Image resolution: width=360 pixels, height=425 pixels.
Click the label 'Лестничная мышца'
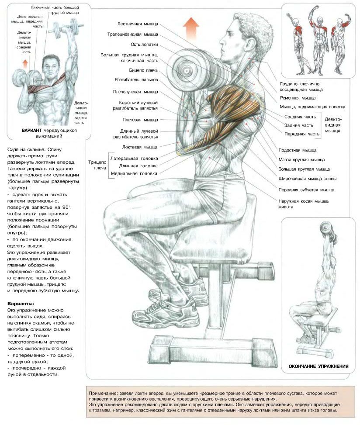138,24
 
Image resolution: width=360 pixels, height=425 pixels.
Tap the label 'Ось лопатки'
144,45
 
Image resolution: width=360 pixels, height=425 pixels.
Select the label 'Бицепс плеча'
143,70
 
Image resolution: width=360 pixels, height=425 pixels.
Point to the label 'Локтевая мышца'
140,147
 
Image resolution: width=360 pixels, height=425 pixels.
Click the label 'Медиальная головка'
134,173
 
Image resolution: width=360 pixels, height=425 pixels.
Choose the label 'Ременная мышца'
298,98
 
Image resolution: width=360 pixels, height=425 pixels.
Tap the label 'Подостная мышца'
298,150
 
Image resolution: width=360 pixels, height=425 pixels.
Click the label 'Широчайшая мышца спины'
308,179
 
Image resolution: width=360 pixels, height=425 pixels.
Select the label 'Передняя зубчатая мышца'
306,190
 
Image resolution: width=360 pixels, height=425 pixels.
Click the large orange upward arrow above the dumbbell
191,26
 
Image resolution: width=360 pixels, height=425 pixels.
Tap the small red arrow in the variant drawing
25,64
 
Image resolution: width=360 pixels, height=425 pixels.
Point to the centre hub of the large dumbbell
187,71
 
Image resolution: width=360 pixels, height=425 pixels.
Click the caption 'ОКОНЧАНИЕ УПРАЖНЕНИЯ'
318,366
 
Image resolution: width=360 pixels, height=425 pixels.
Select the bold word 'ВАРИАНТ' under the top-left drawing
32,130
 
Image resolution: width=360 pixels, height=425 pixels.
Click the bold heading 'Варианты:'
21,304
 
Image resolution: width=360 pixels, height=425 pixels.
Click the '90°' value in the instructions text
66,207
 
